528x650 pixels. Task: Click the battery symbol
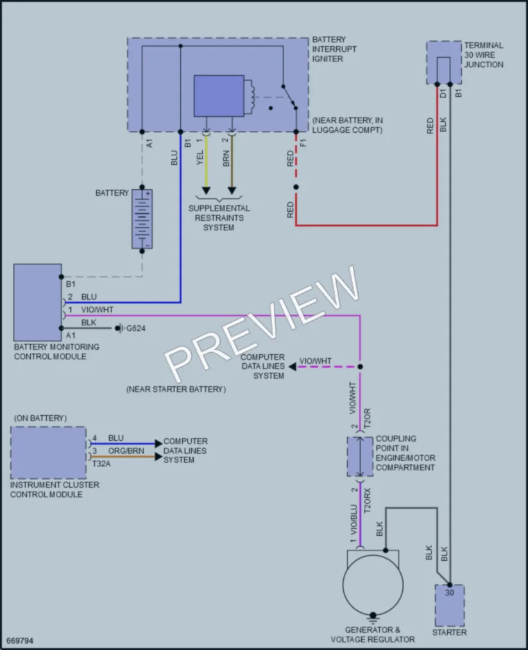pyautogui.click(x=142, y=219)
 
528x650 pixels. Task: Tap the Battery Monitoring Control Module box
pyautogui.click(x=38, y=302)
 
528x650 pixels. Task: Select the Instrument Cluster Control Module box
pyautogui.click(x=48, y=452)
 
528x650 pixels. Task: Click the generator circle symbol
pyautogui.click(x=373, y=585)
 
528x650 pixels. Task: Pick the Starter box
pyautogui.click(x=449, y=605)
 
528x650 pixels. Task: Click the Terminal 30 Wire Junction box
pyautogui.click(x=444, y=63)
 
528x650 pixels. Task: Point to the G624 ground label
pyautogui.click(x=136, y=329)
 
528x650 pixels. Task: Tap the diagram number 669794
pyautogui.click(x=20, y=641)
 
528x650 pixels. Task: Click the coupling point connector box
pyautogui.click(x=360, y=456)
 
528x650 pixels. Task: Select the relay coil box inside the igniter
pyautogui.click(x=219, y=96)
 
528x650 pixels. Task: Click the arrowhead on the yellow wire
pyautogui.click(x=206, y=191)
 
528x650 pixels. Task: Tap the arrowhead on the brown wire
pyautogui.click(x=232, y=191)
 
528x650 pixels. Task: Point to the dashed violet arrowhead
pyautogui.click(x=293, y=367)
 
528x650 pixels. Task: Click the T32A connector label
pyautogui.click(x=101, y=464)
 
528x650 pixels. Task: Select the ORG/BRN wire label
pyautogui.click(x=126, y=450)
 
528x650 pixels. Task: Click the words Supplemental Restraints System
pyautogui.click(x=219, y=218)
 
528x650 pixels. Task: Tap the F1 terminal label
pyautogui.click(x=303, y=143)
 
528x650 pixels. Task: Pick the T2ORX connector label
pyautogui.click(x=367, y=500)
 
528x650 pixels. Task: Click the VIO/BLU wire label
pyautogui.click(x=353, y=519)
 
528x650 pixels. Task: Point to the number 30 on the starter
pyautogui.click(x=450, y=593)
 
